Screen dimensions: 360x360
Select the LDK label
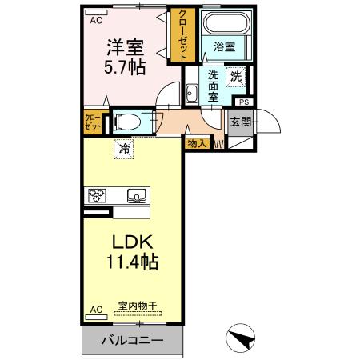coord(125,241)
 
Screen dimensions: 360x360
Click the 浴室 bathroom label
coord(224,47)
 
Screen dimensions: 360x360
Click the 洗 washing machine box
coord(236,77)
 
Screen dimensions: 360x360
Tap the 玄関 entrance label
coord(241,122)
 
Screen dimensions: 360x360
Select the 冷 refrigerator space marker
coord(123,147)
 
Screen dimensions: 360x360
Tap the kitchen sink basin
coord(135,194)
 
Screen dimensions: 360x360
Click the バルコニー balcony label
coord(132,340)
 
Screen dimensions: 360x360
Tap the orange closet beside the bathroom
coord(183,37)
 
